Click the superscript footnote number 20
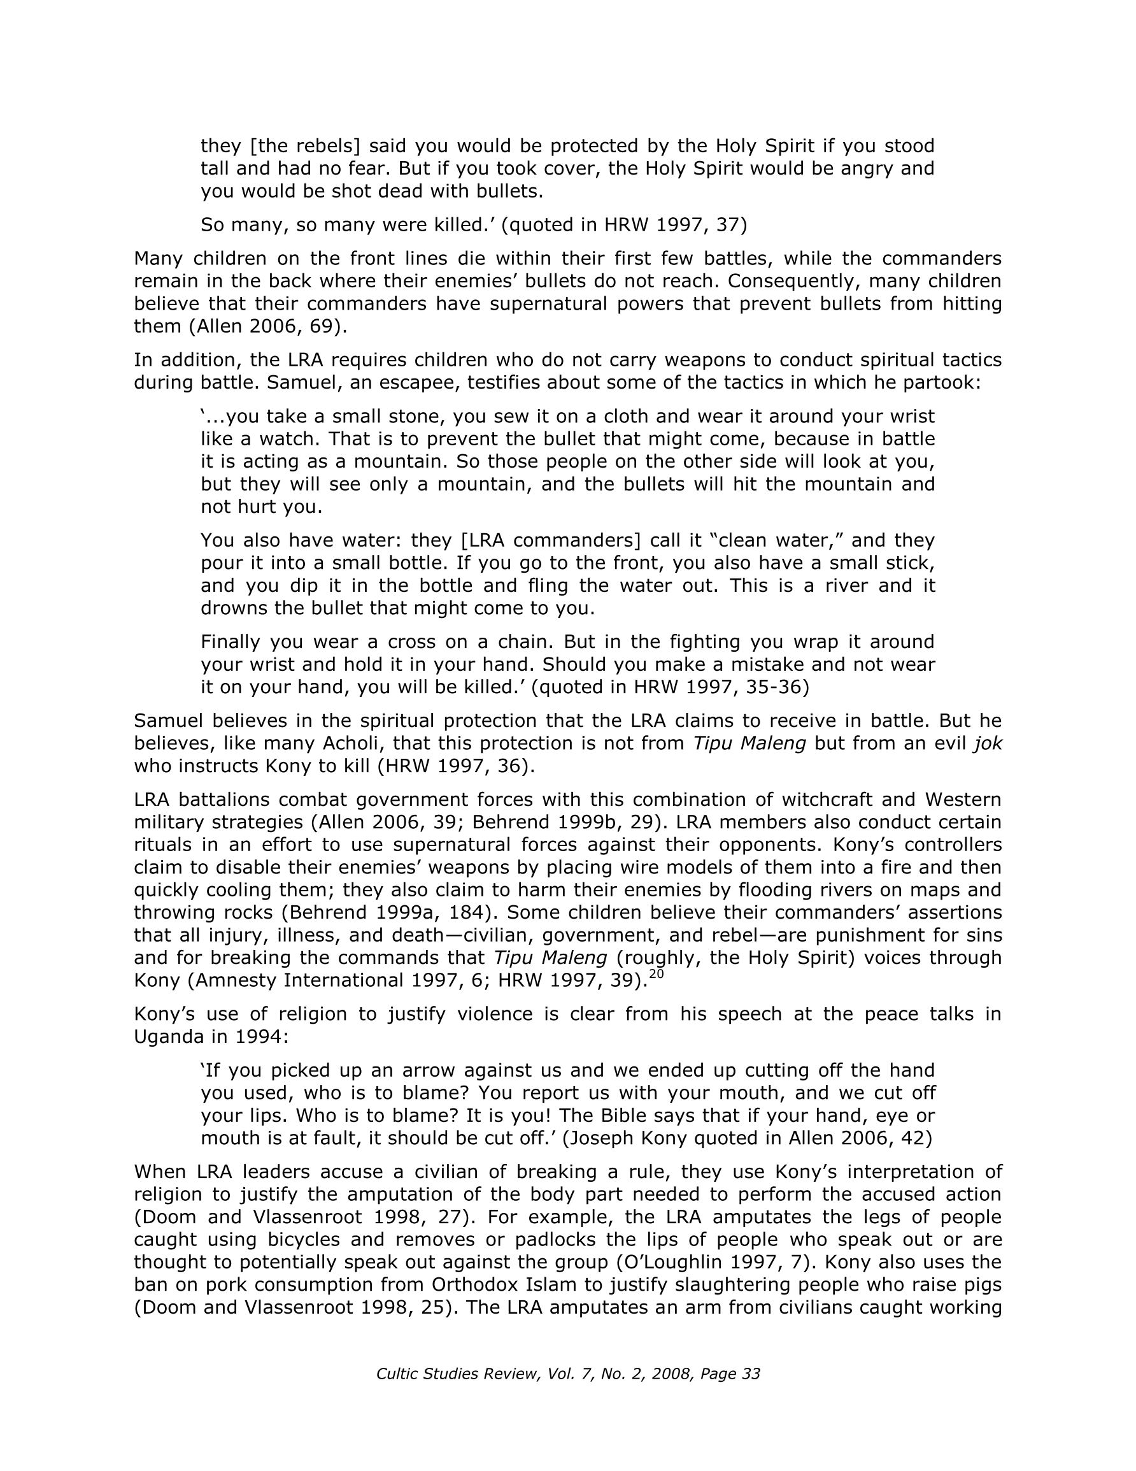[x=657, y=974]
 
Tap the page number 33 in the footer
[x=750, y=1374]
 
